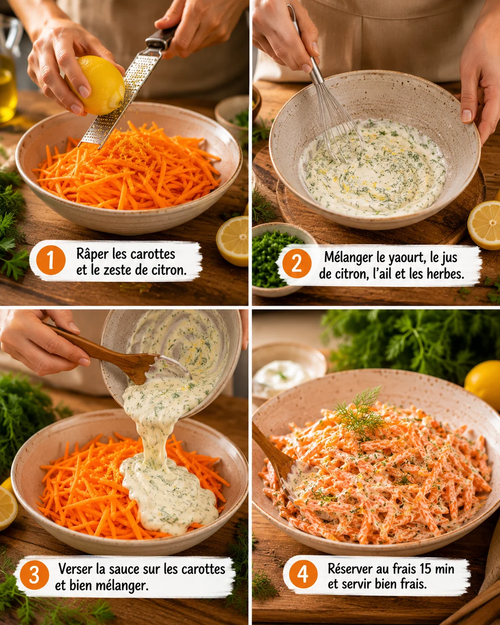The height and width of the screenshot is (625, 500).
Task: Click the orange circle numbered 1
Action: [x=51, y=260]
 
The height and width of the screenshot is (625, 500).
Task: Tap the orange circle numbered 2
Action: [x=297, y=263]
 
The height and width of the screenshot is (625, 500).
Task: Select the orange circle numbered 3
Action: [x=34, y=575]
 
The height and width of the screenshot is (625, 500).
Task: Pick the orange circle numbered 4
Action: [x=303, y=574]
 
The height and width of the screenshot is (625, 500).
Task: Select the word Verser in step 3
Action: [x=75, y=569]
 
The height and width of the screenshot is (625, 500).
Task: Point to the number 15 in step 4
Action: [x=424, y=568]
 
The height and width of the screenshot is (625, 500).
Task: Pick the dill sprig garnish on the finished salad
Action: [x=360, y=413]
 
